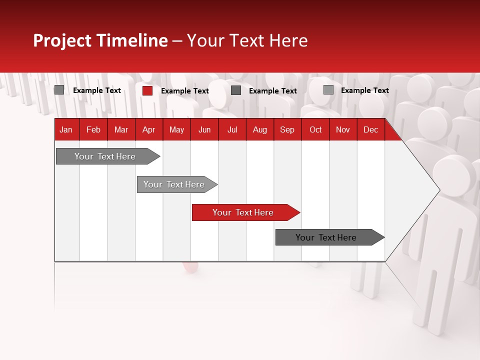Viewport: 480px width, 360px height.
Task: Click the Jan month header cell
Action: click(66, 129)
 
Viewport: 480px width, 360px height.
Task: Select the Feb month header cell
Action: click(93, 129)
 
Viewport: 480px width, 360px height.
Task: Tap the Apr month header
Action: click(148, 129)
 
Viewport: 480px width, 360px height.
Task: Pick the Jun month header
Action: click(204, 129)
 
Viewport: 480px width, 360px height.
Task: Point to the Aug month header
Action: click(259, 129)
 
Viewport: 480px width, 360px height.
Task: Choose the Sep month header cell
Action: click(287, 129)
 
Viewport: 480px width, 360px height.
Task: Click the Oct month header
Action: click(315, 129)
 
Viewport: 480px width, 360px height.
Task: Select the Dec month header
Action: click(370, 129)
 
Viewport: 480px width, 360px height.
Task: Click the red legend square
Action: click(147, 90)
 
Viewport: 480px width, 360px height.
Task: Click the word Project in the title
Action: click(62, 40)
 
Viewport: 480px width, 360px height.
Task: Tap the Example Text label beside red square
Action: click(184, 91)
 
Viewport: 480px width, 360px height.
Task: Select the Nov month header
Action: click(342, 129)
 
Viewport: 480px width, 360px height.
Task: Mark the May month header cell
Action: click(176, 129)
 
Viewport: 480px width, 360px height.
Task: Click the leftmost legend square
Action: click(59, 90)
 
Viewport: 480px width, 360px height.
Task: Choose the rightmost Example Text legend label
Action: click(364, 90)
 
